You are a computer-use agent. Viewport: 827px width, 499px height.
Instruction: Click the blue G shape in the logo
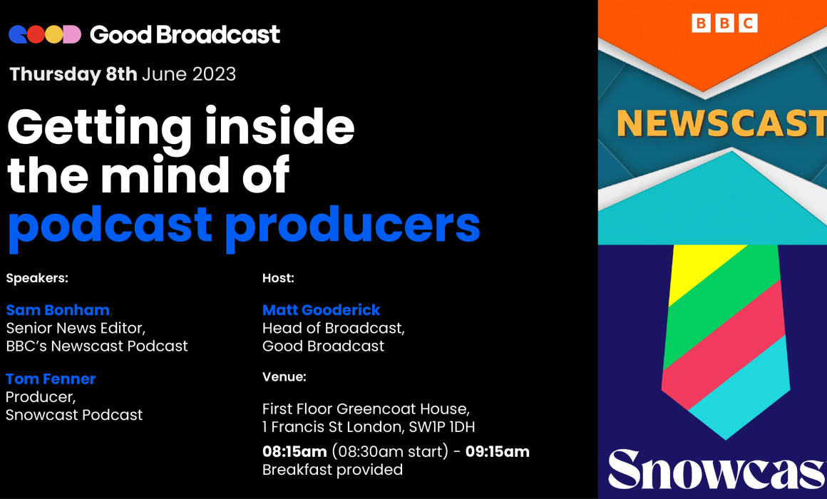tap(17, 35)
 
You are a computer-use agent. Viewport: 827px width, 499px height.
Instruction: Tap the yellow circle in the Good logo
tap(53, 35)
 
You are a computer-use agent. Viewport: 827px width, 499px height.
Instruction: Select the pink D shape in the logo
tap(72, 35)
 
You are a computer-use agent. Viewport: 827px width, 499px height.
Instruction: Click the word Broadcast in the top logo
tap(218, 35)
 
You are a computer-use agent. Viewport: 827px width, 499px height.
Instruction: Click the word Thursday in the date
tap(55, 75)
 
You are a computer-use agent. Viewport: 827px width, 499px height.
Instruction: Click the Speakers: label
tap(37, 279)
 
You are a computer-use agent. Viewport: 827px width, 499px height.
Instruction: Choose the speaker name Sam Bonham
tap(58, 310)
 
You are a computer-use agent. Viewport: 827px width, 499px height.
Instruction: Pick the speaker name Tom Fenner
tap(51, 379)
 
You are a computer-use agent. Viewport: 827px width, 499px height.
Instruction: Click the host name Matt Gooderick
tap(322, 310)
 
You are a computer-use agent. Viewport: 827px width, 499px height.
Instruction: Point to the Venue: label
tap(284, 377)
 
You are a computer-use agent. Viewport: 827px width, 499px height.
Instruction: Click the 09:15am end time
tap(498, 452)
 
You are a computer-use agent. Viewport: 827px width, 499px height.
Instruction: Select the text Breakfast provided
tap(332, 470)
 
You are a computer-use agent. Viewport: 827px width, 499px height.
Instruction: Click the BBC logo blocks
tap(724, 24)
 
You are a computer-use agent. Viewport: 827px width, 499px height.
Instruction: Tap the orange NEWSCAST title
tap(721, 123)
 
